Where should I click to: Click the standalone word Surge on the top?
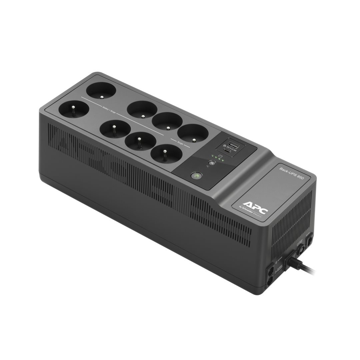click(180, 143)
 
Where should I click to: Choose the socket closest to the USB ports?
click(193, 133)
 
